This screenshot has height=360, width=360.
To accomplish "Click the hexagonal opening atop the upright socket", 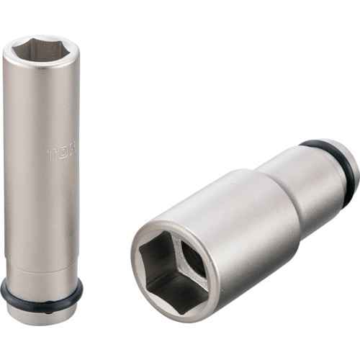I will point(41,50).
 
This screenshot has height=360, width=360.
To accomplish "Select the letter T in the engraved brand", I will point(52,154).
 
